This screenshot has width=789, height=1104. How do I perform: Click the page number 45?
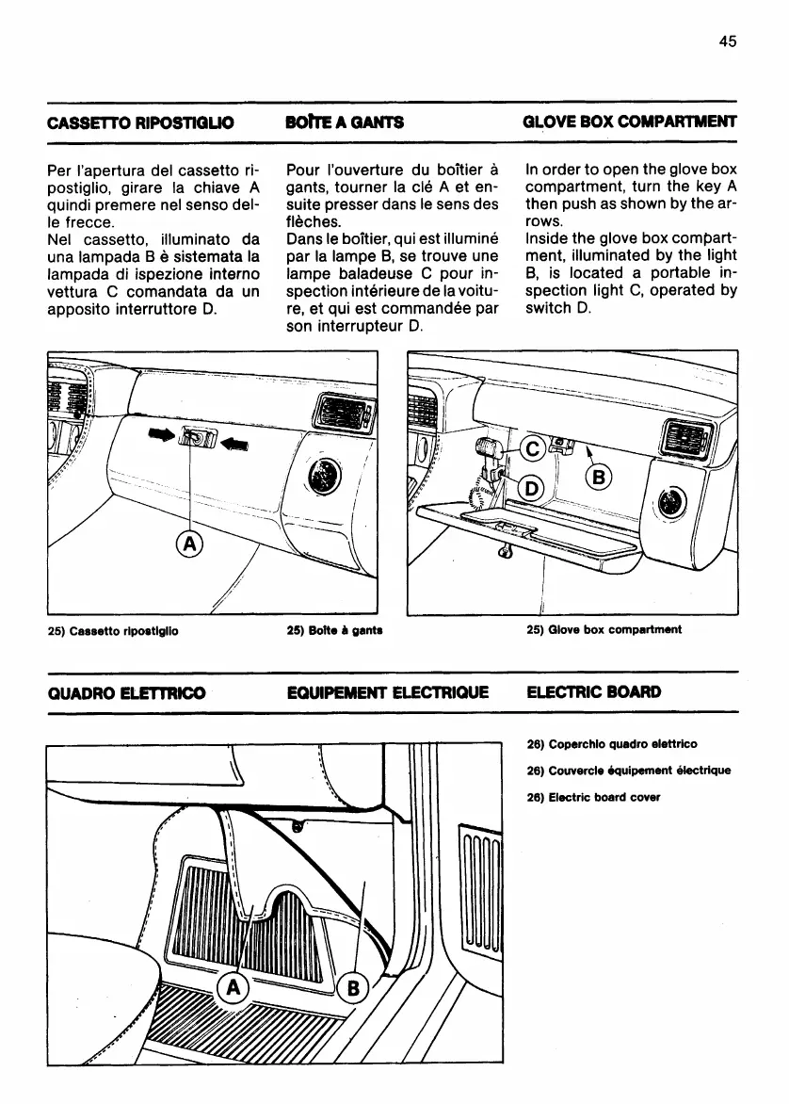(x=726, y=41)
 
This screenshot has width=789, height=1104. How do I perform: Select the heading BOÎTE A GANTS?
(x=344, y=122)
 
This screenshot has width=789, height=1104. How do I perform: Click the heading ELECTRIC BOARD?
(x=594, y=692)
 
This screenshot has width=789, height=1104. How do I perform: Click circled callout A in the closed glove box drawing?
(x=190, y=544)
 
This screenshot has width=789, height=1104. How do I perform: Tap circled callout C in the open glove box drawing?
(x=531, y=449)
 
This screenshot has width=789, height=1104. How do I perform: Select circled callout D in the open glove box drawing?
(x=531, y=487)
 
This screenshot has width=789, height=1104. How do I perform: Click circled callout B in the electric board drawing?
(x=350, y=987)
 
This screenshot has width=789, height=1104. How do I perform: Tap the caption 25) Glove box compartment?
(x=603, y=629)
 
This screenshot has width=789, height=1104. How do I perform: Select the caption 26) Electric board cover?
(x=594, y=797)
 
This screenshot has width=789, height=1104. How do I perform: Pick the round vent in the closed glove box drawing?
(x=327, y=476)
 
